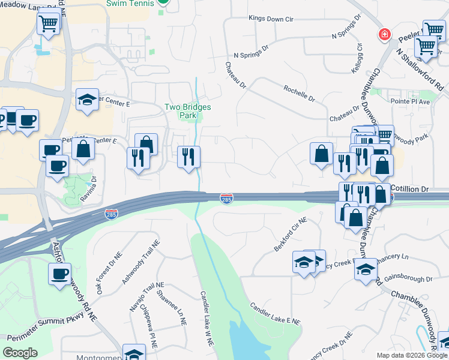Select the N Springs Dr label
[x=253, y=55]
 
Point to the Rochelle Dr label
[x=300, y=92]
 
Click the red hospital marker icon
[x=383, y=35]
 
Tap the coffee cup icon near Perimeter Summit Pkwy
[x=59, y=274]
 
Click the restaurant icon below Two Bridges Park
[x=188, y=157]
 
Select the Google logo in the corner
[x=20, y=353]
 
